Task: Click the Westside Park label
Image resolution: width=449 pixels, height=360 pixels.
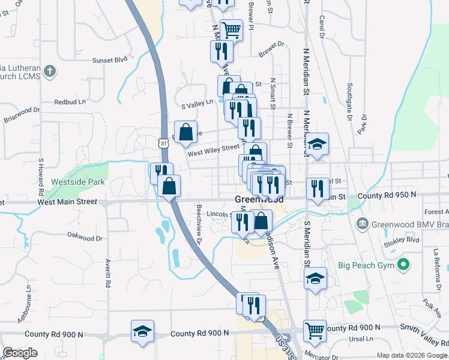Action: [x=78, y=182]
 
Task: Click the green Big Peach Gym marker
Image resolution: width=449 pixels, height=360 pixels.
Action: [x=405, y=263]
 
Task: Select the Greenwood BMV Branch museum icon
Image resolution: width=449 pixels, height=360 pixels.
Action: [x=363, y=224]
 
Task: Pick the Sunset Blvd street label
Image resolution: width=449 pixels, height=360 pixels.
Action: [x=110, y=60]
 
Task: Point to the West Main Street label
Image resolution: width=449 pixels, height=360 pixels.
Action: [x=67, y=202]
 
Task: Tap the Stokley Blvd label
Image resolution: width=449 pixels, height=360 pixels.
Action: [x=405, y=239]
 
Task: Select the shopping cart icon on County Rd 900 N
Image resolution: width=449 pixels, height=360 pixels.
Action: [x=315, y=329]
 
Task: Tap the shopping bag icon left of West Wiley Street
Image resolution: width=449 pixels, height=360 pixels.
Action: [x=186, y=131]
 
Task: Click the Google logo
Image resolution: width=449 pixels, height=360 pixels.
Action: [x=20, y=353]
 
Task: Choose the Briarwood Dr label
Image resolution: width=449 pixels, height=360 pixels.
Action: [x=22, y=114]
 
